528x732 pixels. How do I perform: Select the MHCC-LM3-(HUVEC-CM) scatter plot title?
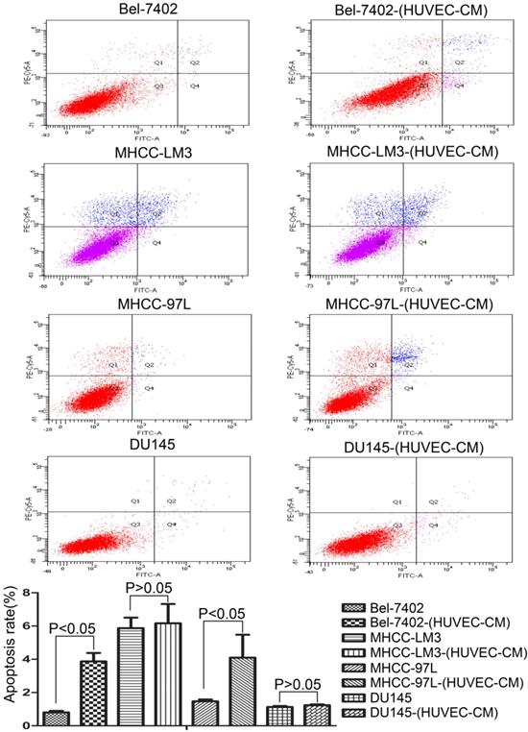[396, 156]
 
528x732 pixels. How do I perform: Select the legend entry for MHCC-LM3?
[419, 639]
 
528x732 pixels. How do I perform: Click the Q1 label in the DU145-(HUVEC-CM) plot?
[396, 502]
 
